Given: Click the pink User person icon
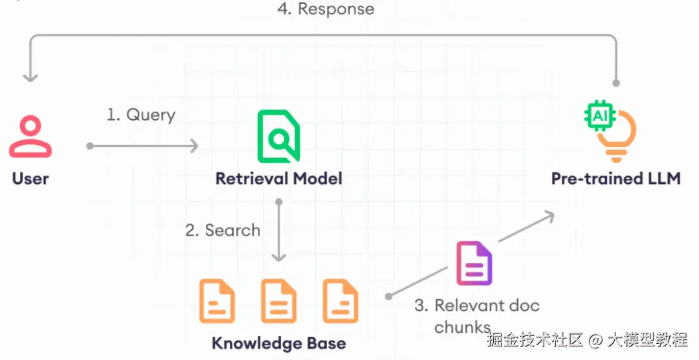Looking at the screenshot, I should pos(30,137).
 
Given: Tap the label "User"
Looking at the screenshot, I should pos(30,178).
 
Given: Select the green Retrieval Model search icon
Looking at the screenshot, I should pos(279,136).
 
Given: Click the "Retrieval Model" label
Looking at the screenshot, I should pos(279,178).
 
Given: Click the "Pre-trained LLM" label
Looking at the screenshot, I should pos(616,178).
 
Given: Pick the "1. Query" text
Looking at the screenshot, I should pos(141,115).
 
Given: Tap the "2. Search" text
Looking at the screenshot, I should pos(223,230).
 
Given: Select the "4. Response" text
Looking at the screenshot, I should pos(326,9).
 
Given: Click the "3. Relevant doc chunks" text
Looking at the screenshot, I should pos(478,315).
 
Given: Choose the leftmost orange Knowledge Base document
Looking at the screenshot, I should pos(217,300).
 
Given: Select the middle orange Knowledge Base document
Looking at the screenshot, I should pos(278,300).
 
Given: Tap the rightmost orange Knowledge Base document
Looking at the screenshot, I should pos(340,300).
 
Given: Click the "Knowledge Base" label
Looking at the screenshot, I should pos(279,343).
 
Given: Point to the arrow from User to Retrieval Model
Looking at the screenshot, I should pos(142,146).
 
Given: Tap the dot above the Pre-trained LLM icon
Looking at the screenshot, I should pos(616,83).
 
